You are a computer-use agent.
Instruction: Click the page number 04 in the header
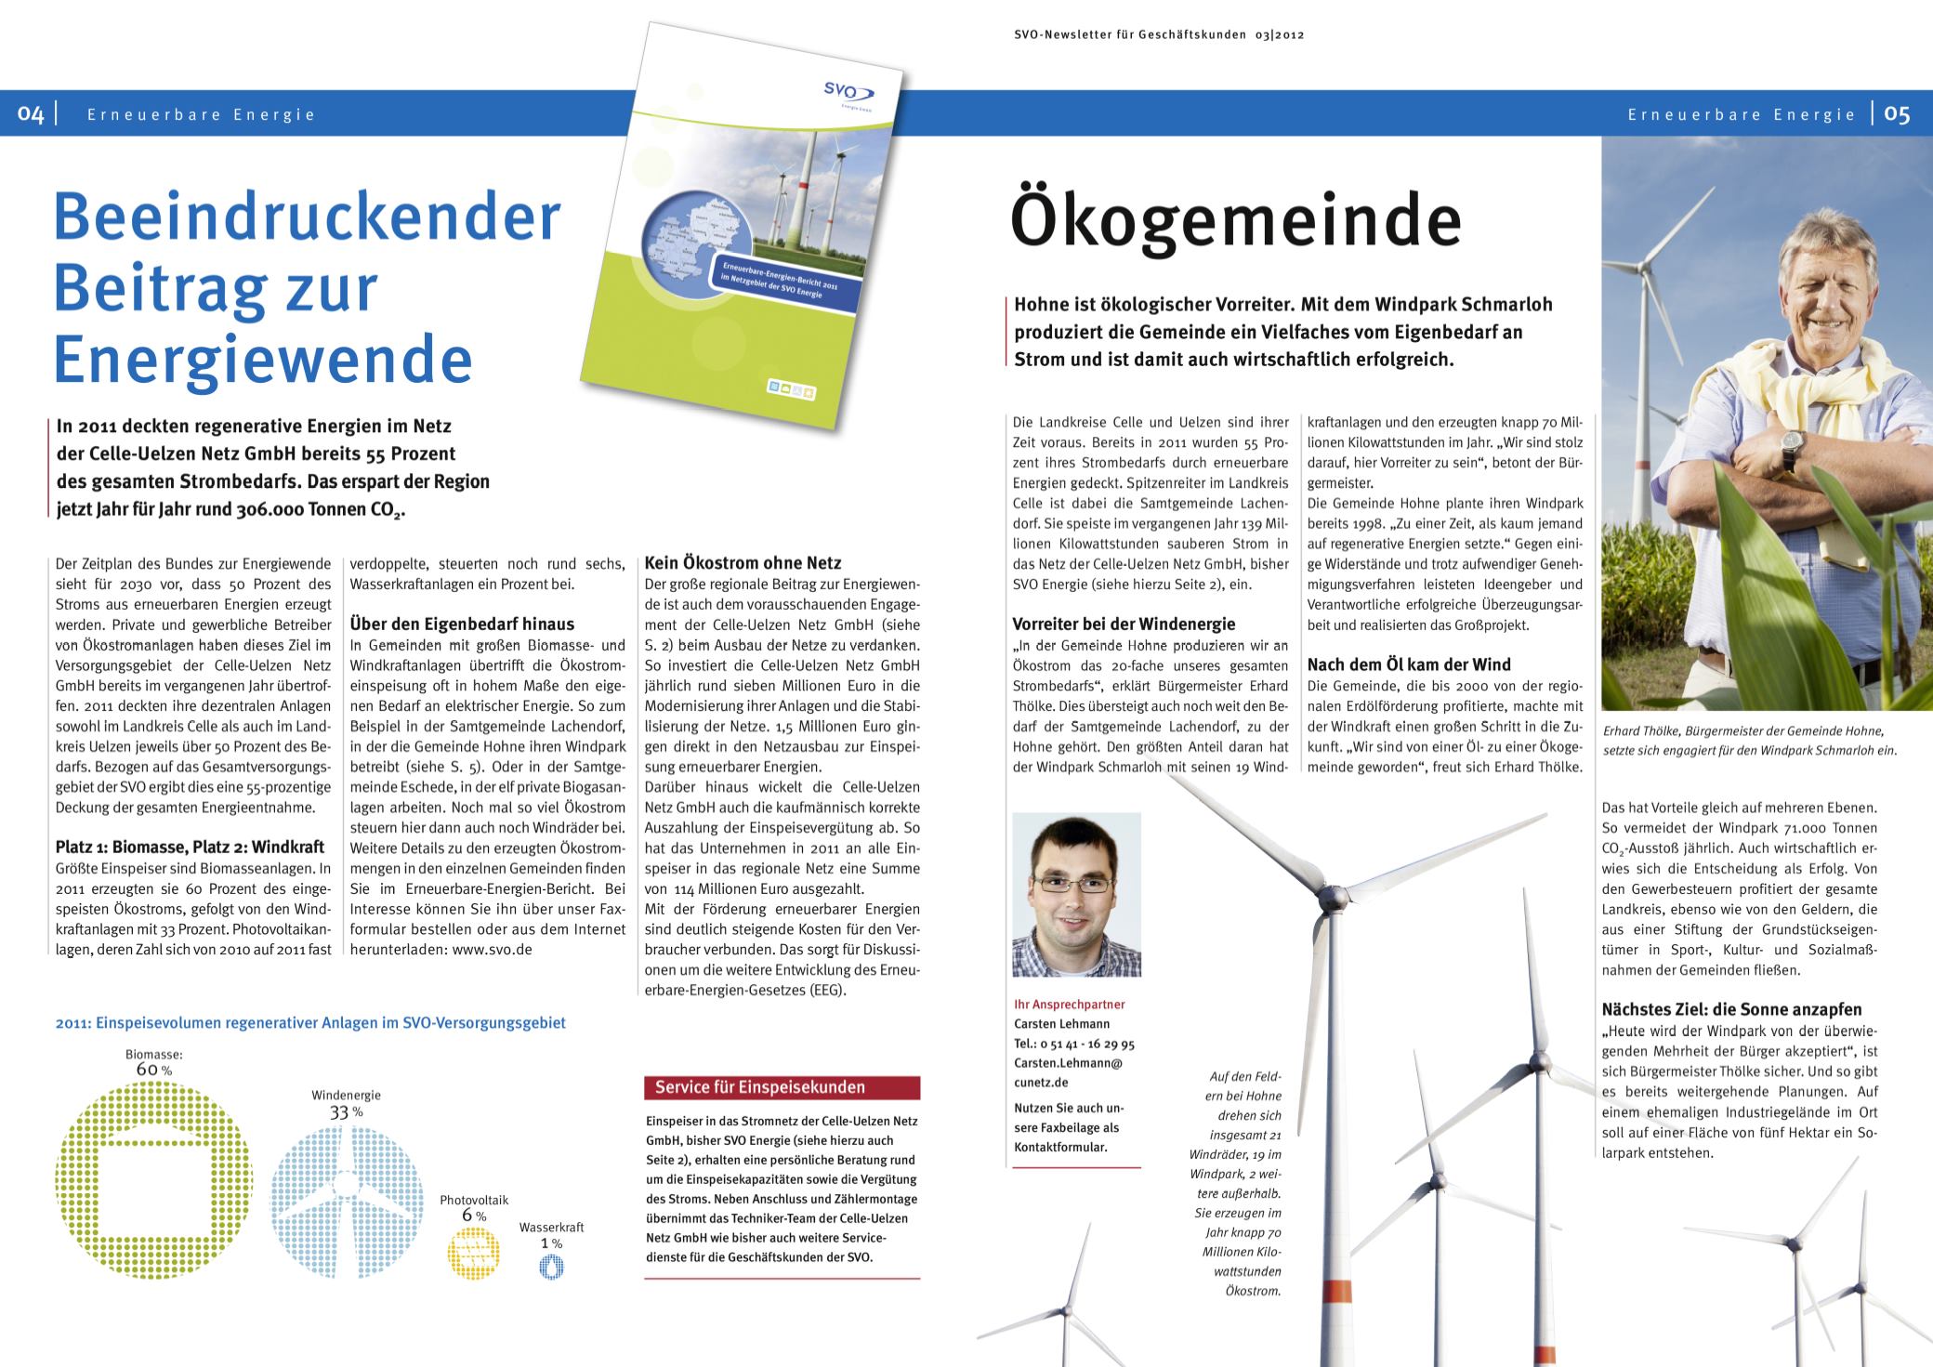pos(31,114)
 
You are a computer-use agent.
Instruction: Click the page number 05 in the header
pos(1897,113)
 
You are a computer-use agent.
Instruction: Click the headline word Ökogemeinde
pos(1235,219)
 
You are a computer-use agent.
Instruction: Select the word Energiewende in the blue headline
pos(263,361)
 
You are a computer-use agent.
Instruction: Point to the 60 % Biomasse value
pos(154,1070)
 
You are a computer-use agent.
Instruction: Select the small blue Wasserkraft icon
pos(551,1268)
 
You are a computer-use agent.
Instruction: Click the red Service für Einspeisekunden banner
pos(782,1087)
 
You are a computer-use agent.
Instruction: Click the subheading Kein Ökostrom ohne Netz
pos(743,562)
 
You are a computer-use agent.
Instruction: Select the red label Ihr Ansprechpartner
pos(1070,1005)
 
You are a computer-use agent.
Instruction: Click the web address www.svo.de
pos(492,951)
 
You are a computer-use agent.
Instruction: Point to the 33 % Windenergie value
pos(346,1112)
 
